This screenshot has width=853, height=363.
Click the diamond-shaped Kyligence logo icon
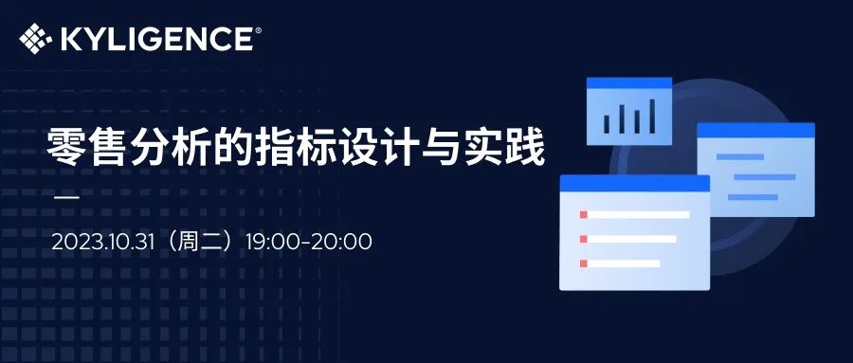[35, 39]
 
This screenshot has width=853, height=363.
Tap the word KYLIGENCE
[156, 39]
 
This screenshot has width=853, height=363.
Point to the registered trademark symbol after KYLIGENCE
[258, 30]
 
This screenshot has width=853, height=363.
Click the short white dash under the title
[67, 197]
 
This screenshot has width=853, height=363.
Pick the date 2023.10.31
[105, 243]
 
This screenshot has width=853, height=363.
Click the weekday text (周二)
[203, 243]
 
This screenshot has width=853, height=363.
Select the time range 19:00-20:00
[308, 243]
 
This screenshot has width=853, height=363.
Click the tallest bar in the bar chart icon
[652, 117]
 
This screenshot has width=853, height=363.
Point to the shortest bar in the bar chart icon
[607, 124]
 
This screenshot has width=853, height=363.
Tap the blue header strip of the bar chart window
[629, 82]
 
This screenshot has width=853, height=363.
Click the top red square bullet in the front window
[584, 214]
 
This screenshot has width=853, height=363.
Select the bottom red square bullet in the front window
[584, 263]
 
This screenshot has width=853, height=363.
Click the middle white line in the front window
[632, 239]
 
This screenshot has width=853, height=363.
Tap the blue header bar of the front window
[635, 184]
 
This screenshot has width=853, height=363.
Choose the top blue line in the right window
[740, 156]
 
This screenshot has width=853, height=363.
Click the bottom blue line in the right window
[753, 197]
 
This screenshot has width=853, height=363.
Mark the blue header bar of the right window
[756, 130]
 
